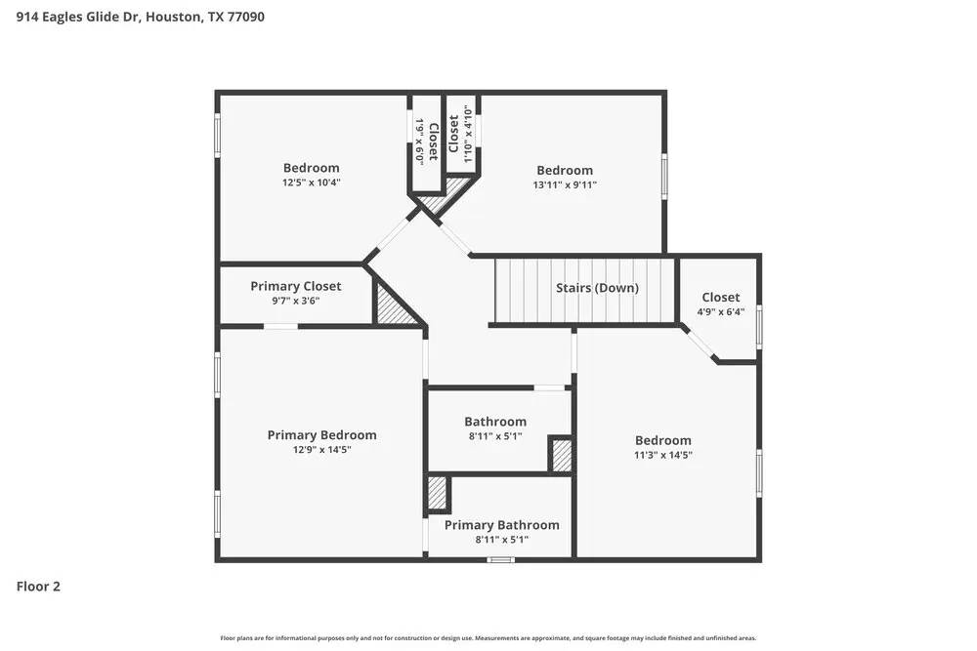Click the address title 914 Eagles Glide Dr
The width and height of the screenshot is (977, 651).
pyautogui.click(x=140, y=17)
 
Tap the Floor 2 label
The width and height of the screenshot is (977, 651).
pyautogui.click(x=38, y=587)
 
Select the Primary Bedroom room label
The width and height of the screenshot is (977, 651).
pyautogui.click(x=321, y=435)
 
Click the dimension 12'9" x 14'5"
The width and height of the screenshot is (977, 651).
pyautogui.click(x=321, y=450)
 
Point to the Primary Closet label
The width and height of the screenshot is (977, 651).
pyautogui.click(x=295, y=286)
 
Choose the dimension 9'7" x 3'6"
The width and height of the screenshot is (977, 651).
pyautogui.click(x=295, y=301)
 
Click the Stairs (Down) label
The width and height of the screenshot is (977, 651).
pyautogui.click(x=597, y=288)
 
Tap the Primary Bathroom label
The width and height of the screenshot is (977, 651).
pyautogui.click(x=501, y=525)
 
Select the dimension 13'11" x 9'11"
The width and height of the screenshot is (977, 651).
pyautogui.click(x=564, y=184)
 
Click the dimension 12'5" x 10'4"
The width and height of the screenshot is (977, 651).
pyautogui.click(x=311, y=182)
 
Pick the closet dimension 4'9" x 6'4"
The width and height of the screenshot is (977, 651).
pyautogui.click(x=720, y=312)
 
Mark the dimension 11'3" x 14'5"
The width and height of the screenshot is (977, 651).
pyautogui.click(x=662, y=455)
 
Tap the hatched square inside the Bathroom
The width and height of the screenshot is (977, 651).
pyautogui.click(x=561, y=456)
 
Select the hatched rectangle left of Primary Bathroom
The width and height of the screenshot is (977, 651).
pyautogui.click(x=437, y=494)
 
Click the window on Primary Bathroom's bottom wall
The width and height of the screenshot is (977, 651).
pyautogui.click(x=500, y=559)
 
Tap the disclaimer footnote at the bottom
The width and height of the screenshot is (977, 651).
pyautogui.click(x=488, y=638)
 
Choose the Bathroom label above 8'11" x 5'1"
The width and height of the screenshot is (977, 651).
pyautogui.click(x=494, y=422)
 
